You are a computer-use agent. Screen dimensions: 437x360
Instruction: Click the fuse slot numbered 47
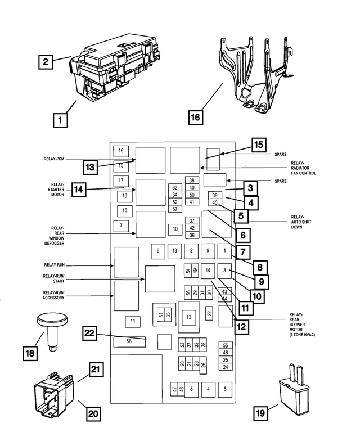tap(174, 389)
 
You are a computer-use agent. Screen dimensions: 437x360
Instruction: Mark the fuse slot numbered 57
tap(175, 209)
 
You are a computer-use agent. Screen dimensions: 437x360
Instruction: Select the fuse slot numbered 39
tap(214, 195)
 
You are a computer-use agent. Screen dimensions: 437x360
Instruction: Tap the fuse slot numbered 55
tap(225, 345)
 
